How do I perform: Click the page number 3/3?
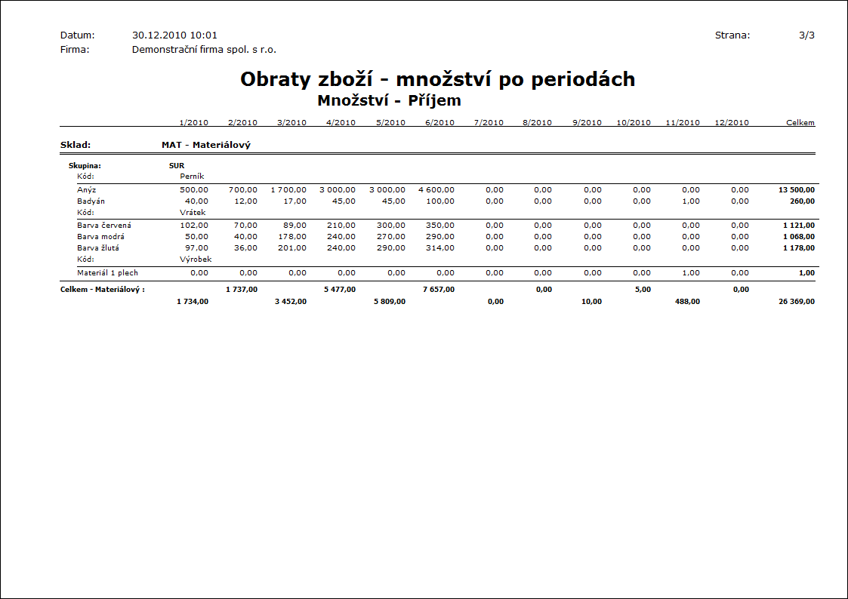pos(806,35)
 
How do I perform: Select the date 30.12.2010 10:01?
pos(174,35)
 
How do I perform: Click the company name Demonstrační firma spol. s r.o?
pos(204,50)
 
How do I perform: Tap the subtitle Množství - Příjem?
pos(389,100)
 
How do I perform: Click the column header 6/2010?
pos(439,122)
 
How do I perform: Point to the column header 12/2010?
pos(732,122)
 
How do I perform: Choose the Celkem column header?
pos(800,122)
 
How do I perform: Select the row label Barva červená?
pos(104,225)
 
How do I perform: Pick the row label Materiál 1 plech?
pos(107,272)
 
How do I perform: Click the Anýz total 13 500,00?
pos(797,190)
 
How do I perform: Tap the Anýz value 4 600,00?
pos(436,190)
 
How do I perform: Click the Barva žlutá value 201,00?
pos(292,247)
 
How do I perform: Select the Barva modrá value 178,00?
pos(292,236)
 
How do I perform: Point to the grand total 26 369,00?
pos(796,301)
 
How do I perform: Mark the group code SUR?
pos(177,164)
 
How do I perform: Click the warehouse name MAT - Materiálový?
pos(206,145)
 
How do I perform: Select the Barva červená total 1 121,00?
pos(799,225)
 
